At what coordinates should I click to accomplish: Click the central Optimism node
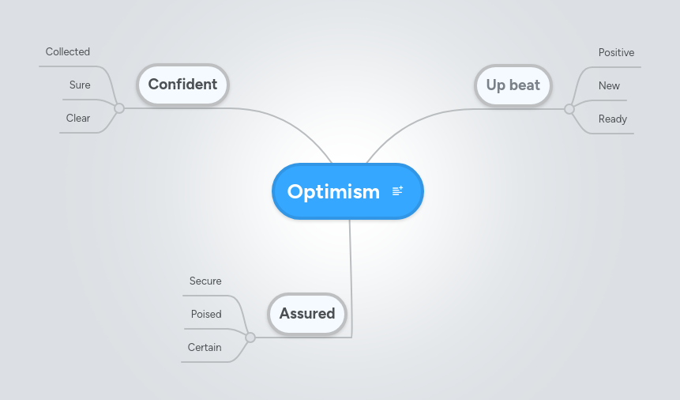[333, 191]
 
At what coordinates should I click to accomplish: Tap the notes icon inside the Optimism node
[397, 191]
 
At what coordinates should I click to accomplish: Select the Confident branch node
[182, 85]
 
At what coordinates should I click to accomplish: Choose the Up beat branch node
[513, 85]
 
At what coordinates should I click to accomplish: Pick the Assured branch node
[307, 314]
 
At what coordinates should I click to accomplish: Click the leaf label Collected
[68, 52]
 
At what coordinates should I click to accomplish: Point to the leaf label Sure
[80, 85]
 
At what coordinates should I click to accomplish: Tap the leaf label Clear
[78, 119]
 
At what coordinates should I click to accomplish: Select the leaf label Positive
[616, 53]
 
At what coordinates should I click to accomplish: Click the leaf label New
[609, 86]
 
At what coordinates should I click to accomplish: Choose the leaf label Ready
[612, 119]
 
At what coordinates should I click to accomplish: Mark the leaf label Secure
[205, 281]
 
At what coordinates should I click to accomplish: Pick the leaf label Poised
[206, 315]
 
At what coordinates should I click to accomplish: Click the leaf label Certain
[205, 348]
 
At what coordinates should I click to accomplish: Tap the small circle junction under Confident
[119, 108]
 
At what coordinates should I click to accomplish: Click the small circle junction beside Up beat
[569, 109]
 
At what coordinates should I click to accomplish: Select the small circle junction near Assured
[250, 338]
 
